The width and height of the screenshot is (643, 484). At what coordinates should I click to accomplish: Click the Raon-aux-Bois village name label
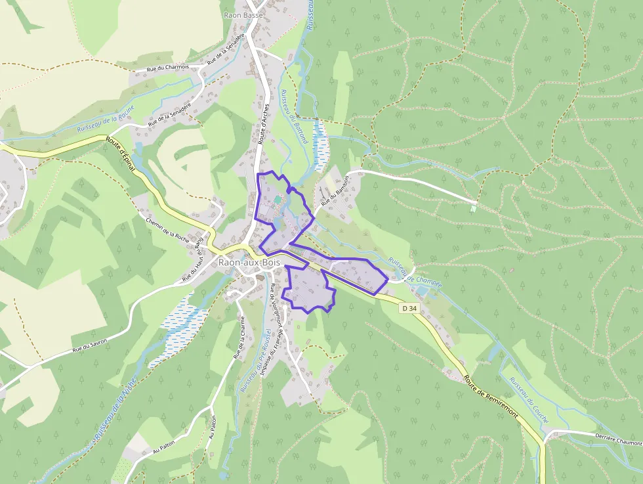click(x=248, y=263)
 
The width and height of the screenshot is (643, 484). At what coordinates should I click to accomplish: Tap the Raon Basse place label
click(x=243, y=15)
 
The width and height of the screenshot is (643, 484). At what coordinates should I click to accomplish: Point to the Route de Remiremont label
click(x=491, y=397)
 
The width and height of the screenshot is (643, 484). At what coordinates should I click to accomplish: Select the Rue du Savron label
click(x=90, y=344)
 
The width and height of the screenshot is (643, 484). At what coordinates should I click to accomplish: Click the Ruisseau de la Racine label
click(x=106, y=120)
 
